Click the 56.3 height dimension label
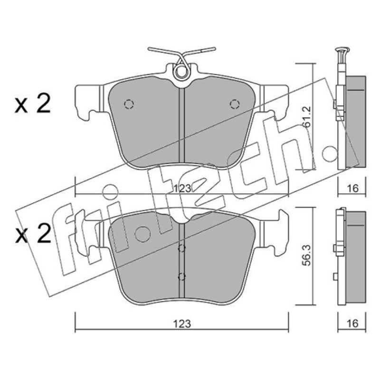(x=307, y=256)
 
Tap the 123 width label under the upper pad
(x=183, y=188)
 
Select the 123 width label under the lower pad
(x=182, y=324)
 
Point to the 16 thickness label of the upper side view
(x=352, y=188)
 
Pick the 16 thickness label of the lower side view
(x=352, y=323)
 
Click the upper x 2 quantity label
(x=32, y=104)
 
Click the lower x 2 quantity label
(x=33, y=234)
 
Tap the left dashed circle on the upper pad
(x=129, y=104)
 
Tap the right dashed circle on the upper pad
(x=235, y=104)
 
